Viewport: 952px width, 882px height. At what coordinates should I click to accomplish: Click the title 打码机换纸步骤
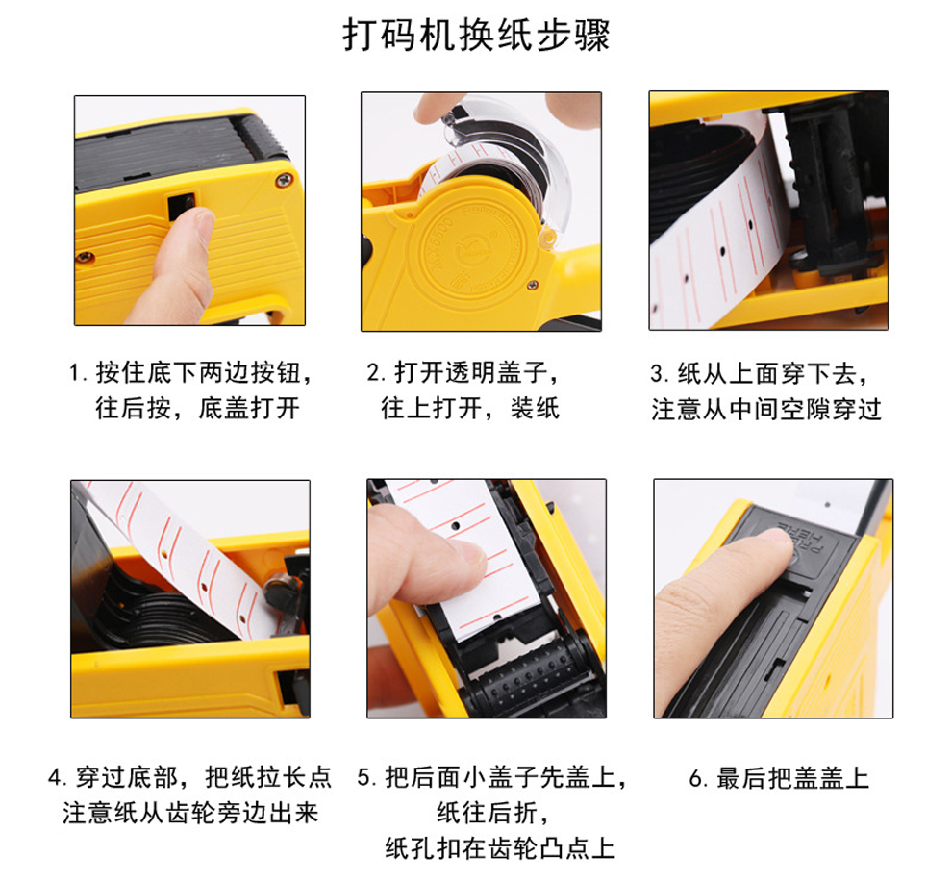[x=476, y=35]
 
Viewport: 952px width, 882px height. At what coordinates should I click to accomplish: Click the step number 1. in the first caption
[x=78, y=373]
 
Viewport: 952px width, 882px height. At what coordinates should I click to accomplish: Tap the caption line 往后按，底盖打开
[x=197, y=408]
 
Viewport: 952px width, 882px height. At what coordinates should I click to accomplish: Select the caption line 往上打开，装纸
[x=470, y=408]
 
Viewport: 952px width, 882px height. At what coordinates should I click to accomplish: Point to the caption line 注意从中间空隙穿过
[x=766, y=410]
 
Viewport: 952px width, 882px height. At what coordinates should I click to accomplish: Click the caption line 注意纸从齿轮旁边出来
[x=190, y=813]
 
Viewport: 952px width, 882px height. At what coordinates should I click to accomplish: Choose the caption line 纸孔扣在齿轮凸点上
[x=500, y=848]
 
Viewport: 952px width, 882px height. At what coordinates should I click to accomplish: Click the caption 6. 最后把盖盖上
[x=779, y=778]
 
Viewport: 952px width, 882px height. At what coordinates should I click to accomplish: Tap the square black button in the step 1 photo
[x=181, y=207]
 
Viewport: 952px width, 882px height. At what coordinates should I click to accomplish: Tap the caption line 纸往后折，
[x=493, y=813]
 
